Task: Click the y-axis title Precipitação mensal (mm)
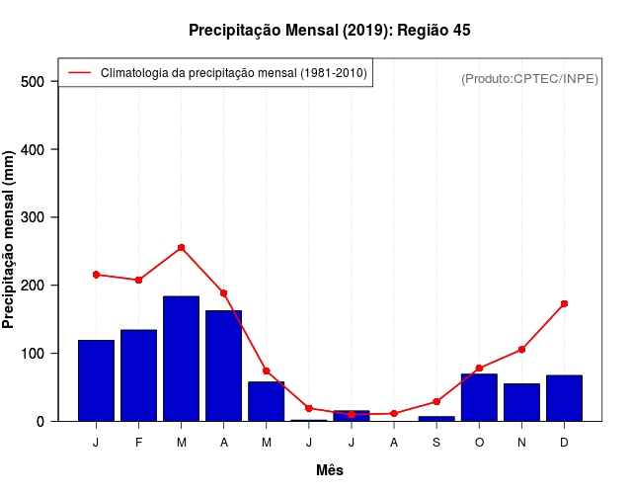point(9,240)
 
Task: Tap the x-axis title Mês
point(330,470)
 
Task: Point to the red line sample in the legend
point(79,72)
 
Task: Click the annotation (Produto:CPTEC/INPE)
point(529,78)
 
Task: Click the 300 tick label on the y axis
point(34,217)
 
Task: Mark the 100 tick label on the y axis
point(34,354)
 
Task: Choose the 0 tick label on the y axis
point(40,422)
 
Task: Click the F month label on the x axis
point(138,442)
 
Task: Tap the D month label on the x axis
point(564,442)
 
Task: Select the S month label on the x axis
point(436,442)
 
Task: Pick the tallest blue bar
point(181,359)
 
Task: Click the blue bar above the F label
point(138,375)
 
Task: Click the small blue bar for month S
point(436,419)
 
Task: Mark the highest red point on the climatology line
point(182,247)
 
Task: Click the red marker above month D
point(564,303)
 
